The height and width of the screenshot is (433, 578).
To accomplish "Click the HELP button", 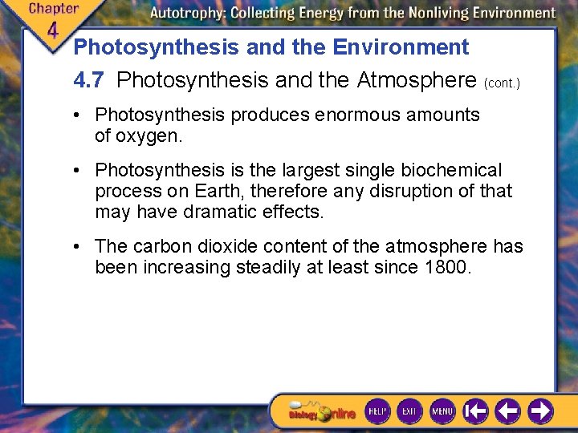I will [377, 411].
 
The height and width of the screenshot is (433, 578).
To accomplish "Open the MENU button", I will [442, 411].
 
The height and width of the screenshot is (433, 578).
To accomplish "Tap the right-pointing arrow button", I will [539, 411].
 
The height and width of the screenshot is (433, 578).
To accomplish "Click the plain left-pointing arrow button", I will [507, 411].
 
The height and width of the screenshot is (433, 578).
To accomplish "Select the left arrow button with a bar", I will [475, 411].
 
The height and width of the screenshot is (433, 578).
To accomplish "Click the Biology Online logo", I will [322, 411].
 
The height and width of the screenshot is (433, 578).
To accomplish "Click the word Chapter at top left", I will [53, 9].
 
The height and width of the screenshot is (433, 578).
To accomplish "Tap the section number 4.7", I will [88, 80].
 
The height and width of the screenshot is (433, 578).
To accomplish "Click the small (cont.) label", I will [502, 83].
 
